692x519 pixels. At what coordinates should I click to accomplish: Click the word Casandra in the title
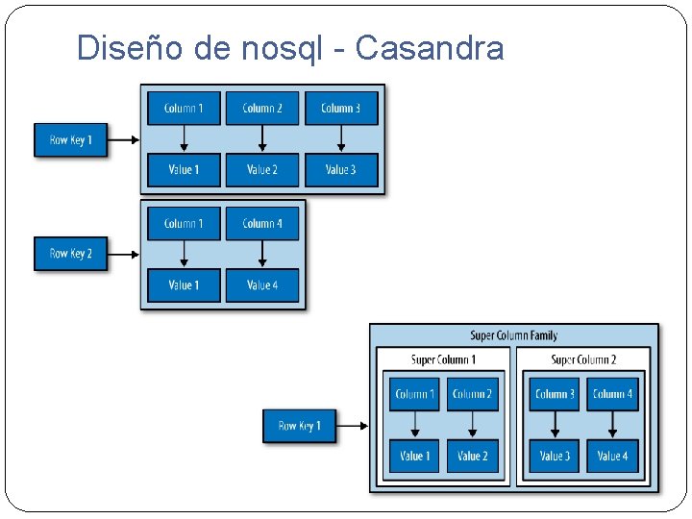pos(429,47)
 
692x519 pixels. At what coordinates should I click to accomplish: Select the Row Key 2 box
pos(70,254)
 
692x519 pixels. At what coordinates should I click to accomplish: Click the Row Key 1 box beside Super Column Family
pos(299,426)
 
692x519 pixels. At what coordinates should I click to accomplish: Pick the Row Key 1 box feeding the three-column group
pos(70,140)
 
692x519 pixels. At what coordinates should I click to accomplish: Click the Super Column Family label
pos(513,335)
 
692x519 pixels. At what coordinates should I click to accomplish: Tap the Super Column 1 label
pos(443,359)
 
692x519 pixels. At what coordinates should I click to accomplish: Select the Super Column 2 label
pos(583,359)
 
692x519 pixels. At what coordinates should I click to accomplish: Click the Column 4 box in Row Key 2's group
pos(262,223)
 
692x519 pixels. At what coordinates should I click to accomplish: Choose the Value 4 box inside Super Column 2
pos(612,456)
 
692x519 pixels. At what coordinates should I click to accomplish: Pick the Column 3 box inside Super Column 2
pos(555,394)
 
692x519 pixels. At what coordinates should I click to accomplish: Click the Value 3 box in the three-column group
pos(341,170)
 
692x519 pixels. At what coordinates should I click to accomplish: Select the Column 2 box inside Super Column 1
pos(472,394)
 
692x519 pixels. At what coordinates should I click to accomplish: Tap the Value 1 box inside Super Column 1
pos(414,456)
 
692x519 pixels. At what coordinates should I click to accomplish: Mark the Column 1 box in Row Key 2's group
pos(184,223)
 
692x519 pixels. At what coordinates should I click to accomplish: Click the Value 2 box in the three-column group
pos(262,170)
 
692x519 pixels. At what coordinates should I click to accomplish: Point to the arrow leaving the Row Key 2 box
pos(123,254)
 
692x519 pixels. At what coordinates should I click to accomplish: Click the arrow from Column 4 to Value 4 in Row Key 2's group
pos(262,254)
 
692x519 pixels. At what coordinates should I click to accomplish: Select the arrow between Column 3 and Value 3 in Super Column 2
pos(555,425)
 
